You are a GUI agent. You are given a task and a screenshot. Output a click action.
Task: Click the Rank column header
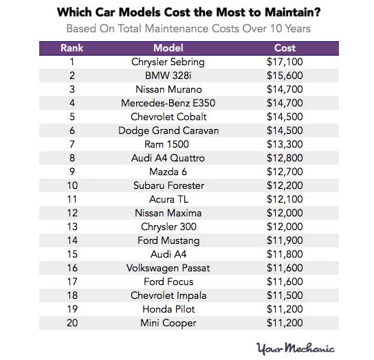coord(71,49)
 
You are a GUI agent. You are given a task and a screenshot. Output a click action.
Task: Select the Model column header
coord(168,49)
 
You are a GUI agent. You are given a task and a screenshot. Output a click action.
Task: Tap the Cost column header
coord(285,49)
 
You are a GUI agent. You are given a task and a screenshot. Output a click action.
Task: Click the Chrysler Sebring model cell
coord(168,62)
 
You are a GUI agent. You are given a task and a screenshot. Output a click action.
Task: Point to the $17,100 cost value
coord(285,62)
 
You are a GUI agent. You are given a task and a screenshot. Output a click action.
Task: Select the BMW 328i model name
coord(168,76)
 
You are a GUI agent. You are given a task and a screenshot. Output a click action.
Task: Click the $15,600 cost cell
coord(285,76)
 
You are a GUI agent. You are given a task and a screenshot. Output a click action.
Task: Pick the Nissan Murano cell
coord(168,89)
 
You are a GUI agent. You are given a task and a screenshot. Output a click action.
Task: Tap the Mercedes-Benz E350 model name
coord(168,103)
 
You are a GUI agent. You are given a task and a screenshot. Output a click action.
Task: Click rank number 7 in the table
coord(71,144)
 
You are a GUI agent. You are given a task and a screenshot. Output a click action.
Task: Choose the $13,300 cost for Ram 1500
coord(285,144)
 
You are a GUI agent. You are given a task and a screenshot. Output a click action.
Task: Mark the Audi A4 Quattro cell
coord(168,158)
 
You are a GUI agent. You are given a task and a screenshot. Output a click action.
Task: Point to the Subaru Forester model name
coord(168,185)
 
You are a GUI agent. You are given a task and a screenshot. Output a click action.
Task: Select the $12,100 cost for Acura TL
coord(285,199)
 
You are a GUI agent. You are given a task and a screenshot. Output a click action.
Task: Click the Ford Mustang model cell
coord(168,240)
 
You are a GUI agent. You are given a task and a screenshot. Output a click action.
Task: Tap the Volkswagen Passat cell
coord(168,268)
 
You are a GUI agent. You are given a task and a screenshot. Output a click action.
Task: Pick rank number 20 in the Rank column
coord(71,323)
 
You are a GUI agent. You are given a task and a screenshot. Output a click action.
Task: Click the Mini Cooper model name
coord(168,323)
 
